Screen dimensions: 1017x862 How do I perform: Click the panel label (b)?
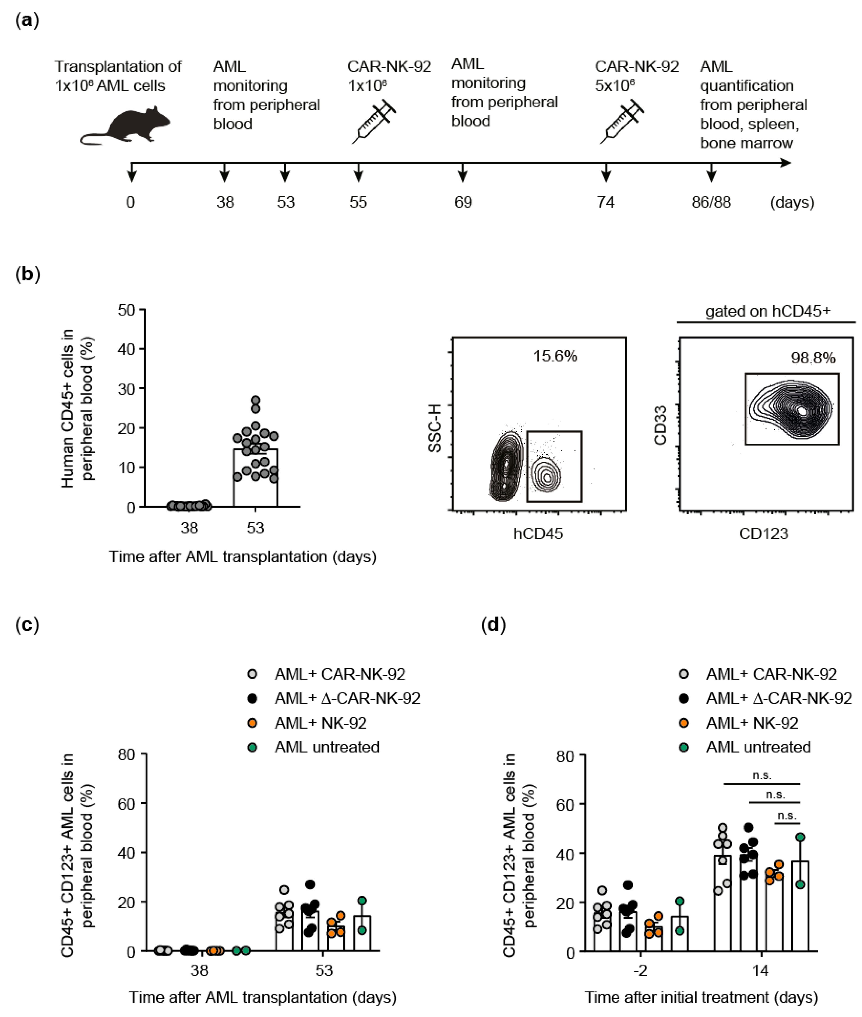pos(27,274)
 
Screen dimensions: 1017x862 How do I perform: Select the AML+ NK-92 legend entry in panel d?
pos(752,723)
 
